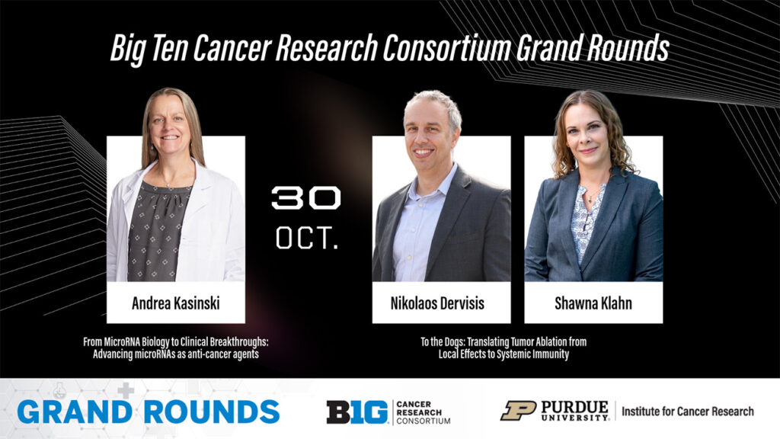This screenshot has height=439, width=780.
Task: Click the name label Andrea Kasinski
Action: [x=176, y=303]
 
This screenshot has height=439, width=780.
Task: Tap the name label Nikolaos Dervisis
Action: [x=437, y=303]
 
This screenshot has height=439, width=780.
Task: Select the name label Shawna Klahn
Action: [x=593, y=303]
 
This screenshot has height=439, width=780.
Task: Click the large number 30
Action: [x=306, y=198]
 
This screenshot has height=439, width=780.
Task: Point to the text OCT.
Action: [x=307, y=238]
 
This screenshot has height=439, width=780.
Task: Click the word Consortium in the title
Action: [x=447, y=48]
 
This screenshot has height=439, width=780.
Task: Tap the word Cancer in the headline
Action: [x=232, y=48]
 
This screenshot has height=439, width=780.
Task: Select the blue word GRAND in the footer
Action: [x=75, y=412]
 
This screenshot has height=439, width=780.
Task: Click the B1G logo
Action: [x=356, y=412]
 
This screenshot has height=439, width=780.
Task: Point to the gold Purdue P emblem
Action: [x=518, y=411]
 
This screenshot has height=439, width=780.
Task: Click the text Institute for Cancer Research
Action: [x=688, y=412]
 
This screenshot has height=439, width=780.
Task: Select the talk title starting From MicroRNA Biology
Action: [x=176, y=348]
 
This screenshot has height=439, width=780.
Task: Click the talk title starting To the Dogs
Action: [x=503, y=348]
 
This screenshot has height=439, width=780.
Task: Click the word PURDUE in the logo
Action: [x=574, y=407]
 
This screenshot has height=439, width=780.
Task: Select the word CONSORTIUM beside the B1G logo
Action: [x=424, y=421]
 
